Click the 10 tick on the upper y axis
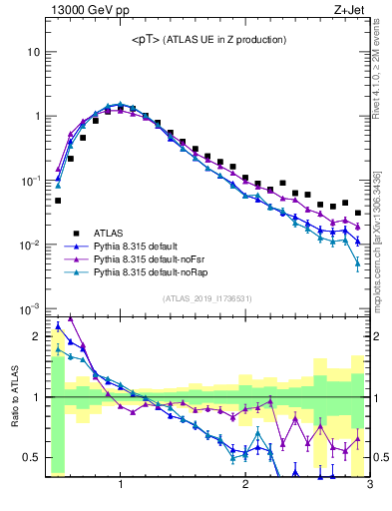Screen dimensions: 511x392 coord(33,51)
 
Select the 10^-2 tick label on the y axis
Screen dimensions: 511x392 coord(29,246)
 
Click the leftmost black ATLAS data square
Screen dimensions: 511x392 coord(58,201)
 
